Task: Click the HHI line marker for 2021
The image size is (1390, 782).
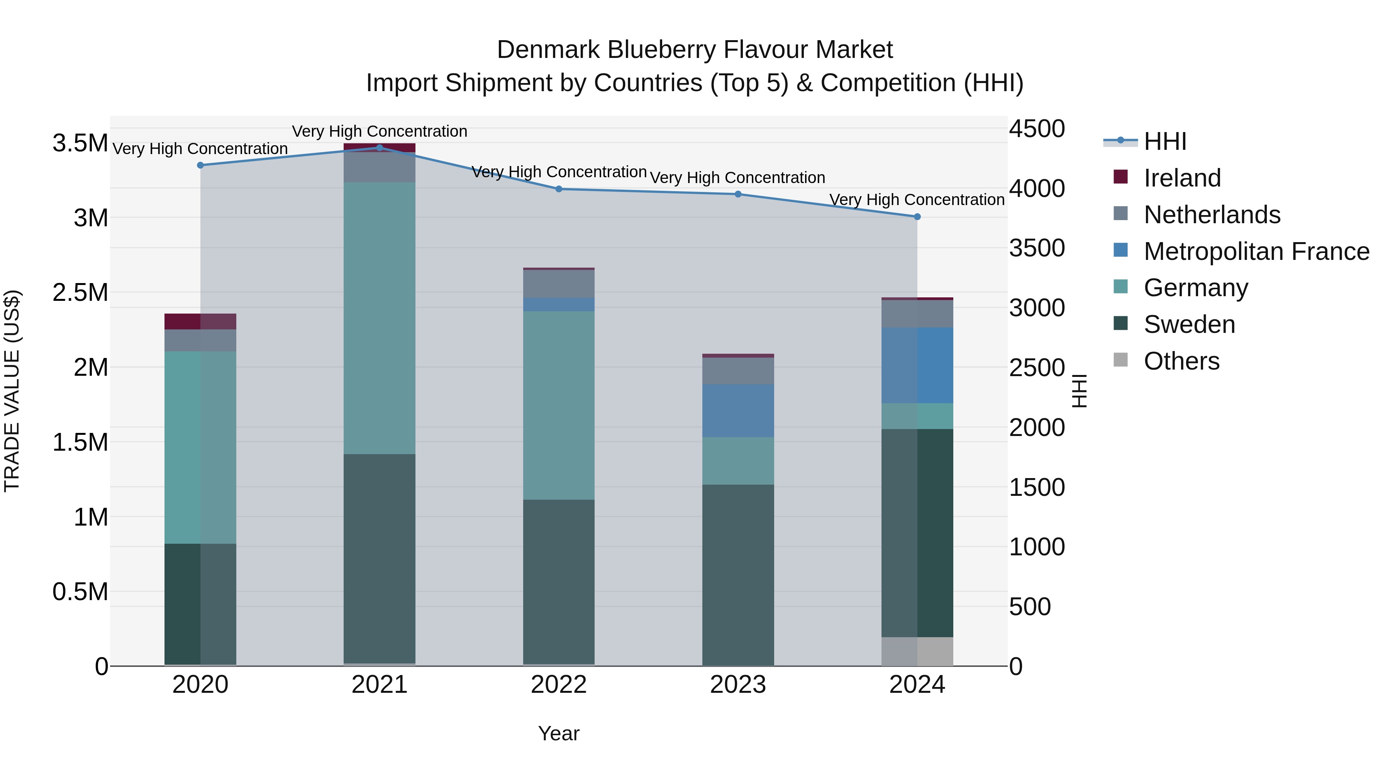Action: click(x=379, y=148)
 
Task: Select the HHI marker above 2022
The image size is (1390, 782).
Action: click(x=558, y=189)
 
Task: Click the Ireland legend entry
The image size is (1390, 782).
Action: click(x=1182, y=178)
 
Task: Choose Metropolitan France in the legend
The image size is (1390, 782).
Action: click(x=1256, y=251)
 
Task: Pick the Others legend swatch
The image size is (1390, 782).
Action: click(x=1121, y=360)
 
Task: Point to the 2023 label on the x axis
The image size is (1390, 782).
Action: click(x=737, y=685)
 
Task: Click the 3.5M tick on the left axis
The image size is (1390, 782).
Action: click(x=80, y=143)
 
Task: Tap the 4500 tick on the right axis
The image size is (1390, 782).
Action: click(x=1037, y=129)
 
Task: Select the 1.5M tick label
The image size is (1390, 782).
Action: click(x=80, y=443)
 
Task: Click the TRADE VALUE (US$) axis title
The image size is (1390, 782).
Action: click(x=12, y=391)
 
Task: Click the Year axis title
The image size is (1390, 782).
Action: click(x=558, y=733)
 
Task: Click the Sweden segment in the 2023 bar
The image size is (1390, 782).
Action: click(x=737, y=575)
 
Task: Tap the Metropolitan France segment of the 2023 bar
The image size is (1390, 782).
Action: click(x=737, y=411)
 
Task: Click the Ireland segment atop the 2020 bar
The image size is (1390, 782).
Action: click(x=200, y=321)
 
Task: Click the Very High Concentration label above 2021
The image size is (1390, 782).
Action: click(x=379, y=131)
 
